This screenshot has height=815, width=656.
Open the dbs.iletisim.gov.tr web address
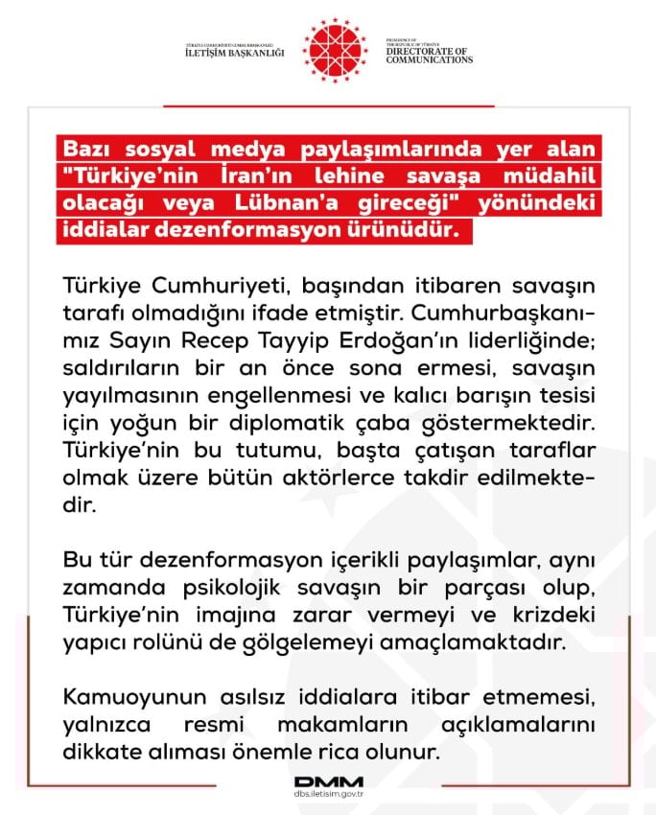click(x=327, y=795)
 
